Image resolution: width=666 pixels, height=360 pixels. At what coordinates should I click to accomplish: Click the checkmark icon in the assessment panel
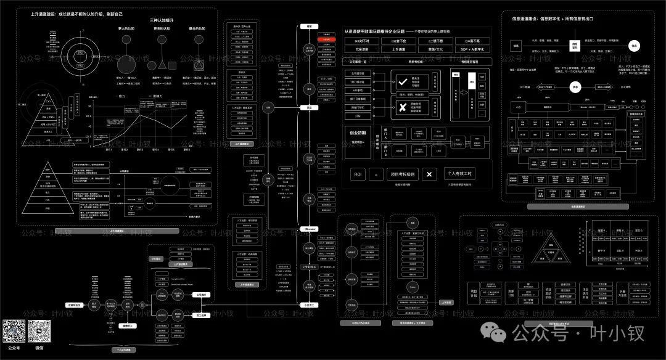pos(398,80)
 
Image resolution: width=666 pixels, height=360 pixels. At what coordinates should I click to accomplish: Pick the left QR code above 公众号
pos(14,332)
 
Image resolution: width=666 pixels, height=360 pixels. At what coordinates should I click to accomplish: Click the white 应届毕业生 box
pos(73,305)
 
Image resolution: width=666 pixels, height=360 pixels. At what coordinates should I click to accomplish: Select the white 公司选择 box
pos(201,295)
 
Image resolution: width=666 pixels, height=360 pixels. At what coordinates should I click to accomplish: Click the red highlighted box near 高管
pos(327,39)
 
